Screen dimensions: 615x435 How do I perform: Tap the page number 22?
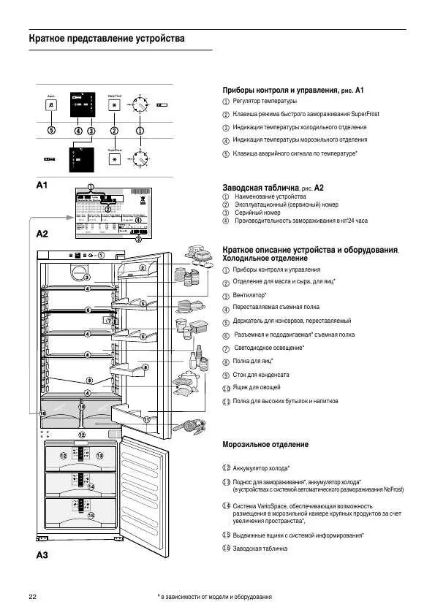tap(33, 597)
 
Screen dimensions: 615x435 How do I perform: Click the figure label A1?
tap(42, 186)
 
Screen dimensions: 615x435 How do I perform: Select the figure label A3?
tap(42, 555)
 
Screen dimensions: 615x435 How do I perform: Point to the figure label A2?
tap(42, 234)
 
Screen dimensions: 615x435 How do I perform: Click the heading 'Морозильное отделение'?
tap(265, 444)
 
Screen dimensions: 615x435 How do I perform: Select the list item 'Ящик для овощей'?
tap(257, 387)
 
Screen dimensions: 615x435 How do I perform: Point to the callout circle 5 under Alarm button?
tap(51, 131)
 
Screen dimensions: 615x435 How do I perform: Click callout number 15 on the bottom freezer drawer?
tap(91, 515)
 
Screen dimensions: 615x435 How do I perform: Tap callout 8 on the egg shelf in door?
tap(145, 367)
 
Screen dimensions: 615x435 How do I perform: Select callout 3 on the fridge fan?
tap(86, 278)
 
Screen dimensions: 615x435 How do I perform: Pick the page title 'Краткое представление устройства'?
tap(107, 38)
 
